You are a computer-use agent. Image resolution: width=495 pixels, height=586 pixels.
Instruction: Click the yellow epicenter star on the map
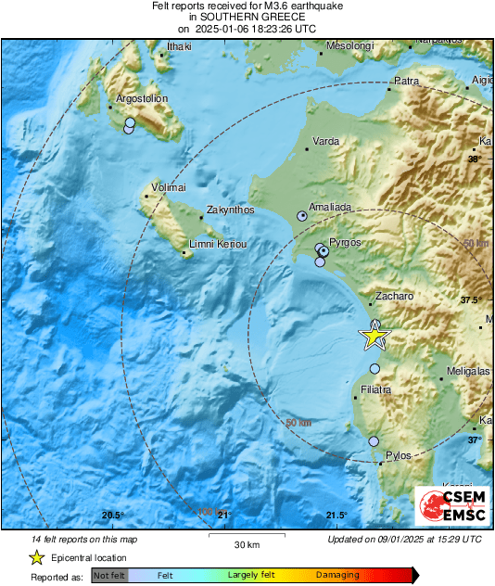pyautogui.click(x=374, y=337)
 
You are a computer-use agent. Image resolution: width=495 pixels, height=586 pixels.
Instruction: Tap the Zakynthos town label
pyautogui.click(x=230, y=210)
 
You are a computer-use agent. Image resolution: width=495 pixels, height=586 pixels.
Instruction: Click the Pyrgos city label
pyautogui.click(x=345, y=242)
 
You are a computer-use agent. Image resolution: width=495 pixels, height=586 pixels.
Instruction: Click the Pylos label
pyautogui.click(x=398, y=456)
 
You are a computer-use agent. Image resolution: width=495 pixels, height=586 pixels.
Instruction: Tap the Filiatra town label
pyautogui.click(x=376, y=389)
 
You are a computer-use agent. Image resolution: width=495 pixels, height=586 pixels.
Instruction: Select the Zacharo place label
pyautogui.click(x=392, y=298)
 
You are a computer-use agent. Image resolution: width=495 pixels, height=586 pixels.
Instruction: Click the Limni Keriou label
pyautogui.click(x=218, y=244)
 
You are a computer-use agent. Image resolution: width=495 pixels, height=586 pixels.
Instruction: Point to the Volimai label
pyautogui.click(x=169, y=188)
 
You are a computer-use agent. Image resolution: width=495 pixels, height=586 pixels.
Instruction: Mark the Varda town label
pyautogui.click(x=324, y=142)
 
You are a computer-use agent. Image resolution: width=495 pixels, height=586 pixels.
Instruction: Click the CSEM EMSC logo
pyautogui.click(x=451, y=506)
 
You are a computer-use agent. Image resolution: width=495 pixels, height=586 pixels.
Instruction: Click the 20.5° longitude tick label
pyautogui.click(x=112, y=516)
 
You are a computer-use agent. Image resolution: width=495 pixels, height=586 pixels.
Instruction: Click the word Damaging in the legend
pyautogui.click(x=337, y=575)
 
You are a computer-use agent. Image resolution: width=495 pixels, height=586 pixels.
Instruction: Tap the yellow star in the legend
pyautogui.click(x=37, y=557)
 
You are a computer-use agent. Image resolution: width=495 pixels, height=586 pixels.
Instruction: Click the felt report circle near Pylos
pyautogui.click(x=374, y=441)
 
